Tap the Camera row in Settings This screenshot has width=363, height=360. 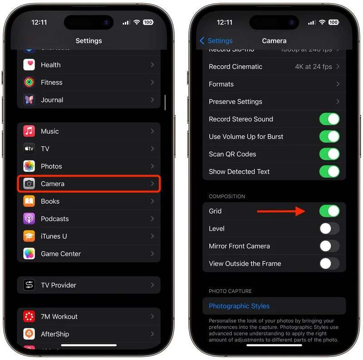tap(88, 184)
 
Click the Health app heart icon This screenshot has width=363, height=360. tap(29, 65)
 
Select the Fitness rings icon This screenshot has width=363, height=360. tap(29, 83)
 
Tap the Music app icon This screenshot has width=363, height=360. tap(29, 131)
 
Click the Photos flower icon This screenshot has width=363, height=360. tap(29, 166)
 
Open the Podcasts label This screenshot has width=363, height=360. tap(55, 219)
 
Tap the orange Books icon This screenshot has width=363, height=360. tap(29, 201)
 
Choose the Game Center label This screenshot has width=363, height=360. tap(61, 254)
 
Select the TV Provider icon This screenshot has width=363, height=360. tap(29, 285)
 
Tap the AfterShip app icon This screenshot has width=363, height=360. tap(29, 334)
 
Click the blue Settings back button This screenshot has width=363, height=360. tap(216, 41)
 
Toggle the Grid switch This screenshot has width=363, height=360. tap(329, 211)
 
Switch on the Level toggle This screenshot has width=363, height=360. tap(329, 229)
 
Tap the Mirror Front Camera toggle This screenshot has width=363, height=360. tap(329, 246)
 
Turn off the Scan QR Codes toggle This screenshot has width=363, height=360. tap(329, 154)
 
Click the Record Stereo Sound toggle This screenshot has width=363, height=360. tap(329, 119)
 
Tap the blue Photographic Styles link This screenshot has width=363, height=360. tap(239, 306)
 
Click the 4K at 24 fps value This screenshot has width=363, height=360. tap(313, 67)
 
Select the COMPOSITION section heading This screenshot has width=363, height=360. tap(227, 196)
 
